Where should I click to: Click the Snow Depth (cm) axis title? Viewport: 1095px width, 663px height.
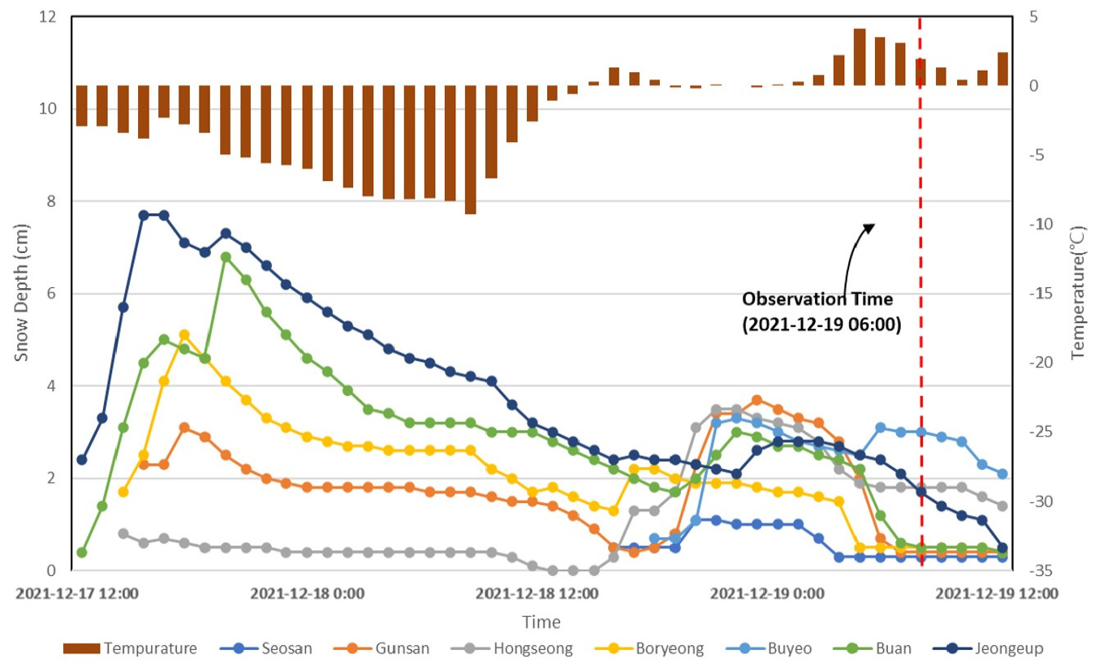click(25, 292)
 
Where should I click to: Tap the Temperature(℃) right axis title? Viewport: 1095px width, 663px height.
click(1077, 292)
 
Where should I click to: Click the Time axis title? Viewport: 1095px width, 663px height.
click(541, 622)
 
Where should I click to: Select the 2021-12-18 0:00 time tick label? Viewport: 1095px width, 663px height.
click(307, 593)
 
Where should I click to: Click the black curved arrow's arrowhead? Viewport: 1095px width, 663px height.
click(869, 228)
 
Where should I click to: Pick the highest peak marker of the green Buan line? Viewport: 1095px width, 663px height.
click(226, 256)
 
